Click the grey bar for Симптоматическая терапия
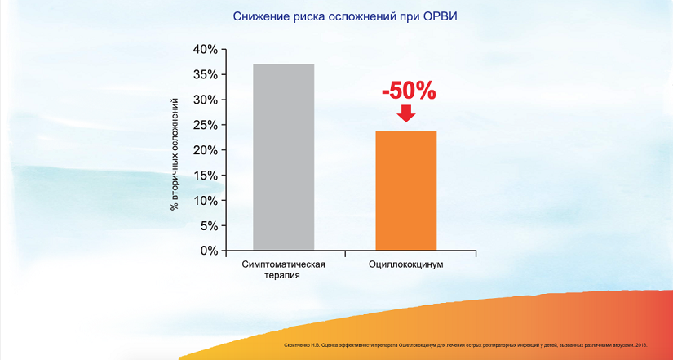click(x=283, y=157)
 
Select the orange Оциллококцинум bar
click(x=405, y=191)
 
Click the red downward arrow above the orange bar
click(x=405, y=113)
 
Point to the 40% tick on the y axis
click(x=205, y=50)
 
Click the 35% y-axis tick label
click(x=205, y=75)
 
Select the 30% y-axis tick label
click(x=205, y=100)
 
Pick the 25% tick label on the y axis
click(x=205, y=125)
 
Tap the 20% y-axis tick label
click(x=205, y=150)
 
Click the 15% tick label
click(x=205, y=176)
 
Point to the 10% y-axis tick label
click(x=205, y=200)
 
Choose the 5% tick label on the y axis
click(x=208, y=225)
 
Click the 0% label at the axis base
click(x=208, y=251)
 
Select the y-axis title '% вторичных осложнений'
click(x=174, y=153)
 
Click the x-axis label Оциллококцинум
click(x=405, y=265)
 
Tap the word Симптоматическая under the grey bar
click(x=284, y=265)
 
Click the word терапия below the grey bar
click(x=283, y=277)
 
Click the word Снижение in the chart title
click(x=257, y=16)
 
